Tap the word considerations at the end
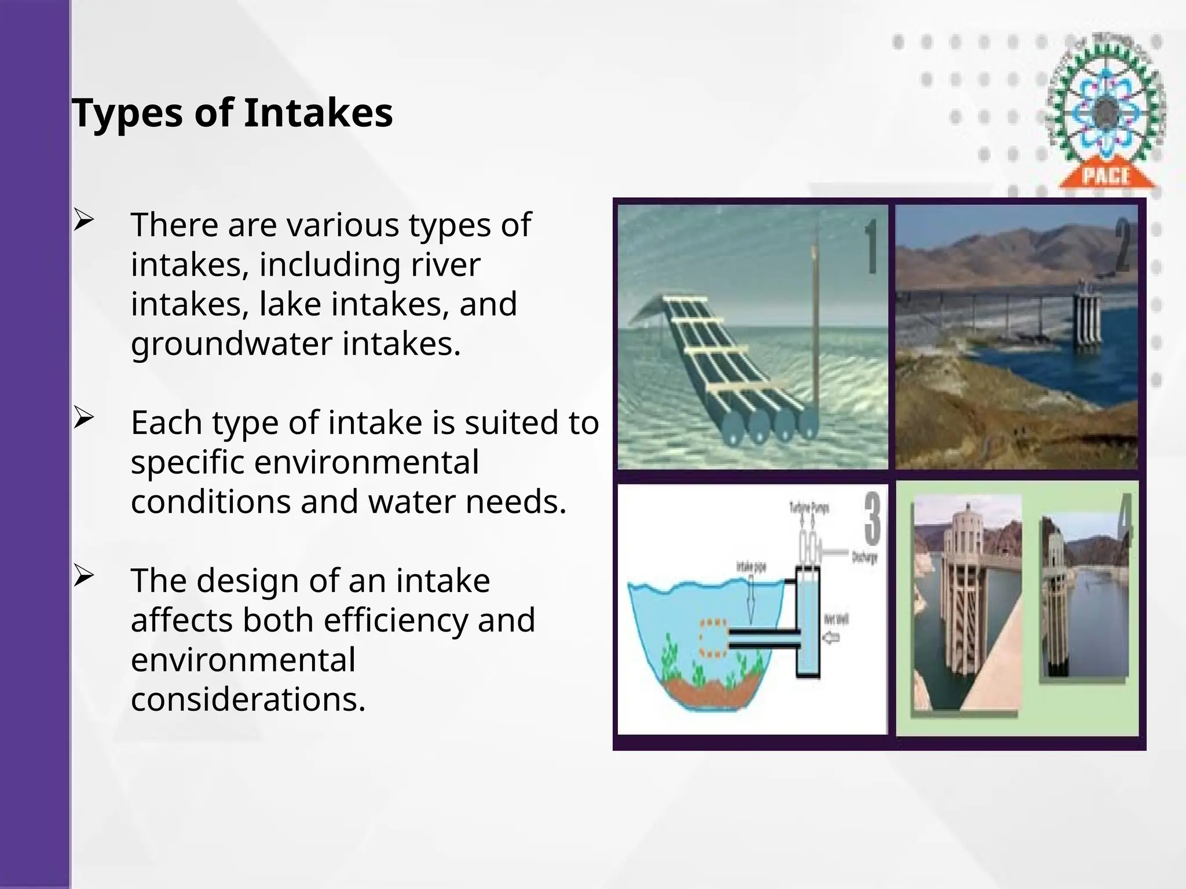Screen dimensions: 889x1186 248,699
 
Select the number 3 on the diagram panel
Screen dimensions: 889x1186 872,518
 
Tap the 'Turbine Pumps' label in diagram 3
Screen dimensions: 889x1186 809,508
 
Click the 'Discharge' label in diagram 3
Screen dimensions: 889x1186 864,558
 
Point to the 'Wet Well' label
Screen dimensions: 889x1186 836,620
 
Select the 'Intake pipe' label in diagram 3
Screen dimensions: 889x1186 751,567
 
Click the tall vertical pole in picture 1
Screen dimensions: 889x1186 816,324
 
